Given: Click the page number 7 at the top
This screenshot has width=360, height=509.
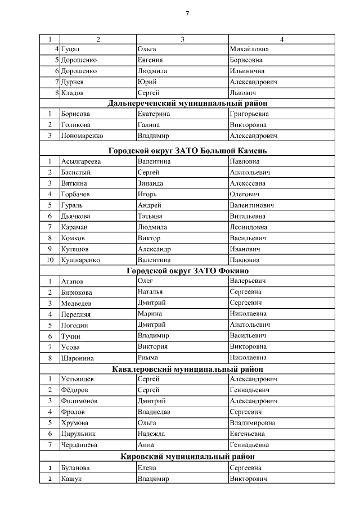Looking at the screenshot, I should pyautogui.click(x=187, y=13).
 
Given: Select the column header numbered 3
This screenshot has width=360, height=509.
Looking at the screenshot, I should pyautogui.click(x=182, y=39).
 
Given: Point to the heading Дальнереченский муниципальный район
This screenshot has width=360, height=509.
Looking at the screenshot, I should pyautogui.click(x=187, y=103).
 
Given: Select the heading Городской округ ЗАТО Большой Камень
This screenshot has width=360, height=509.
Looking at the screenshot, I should pyautogui.click(x=187, y=151).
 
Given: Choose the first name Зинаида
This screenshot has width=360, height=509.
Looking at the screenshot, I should pyautogui.click(x=152, y=183).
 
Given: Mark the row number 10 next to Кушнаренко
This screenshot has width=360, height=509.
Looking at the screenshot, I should pyautogui.click(x=49, y=260).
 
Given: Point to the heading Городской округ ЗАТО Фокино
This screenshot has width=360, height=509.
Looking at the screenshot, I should pyautogui.click(x=187, y=271).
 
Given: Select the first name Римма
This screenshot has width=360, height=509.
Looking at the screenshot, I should pyautogui.click(x=148, y=357).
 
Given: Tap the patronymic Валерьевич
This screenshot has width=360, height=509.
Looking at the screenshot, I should pyautogui.click(x=248, y=281).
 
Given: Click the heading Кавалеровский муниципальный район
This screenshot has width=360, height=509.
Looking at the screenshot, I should pyautogui.click(x=187, y=369).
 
